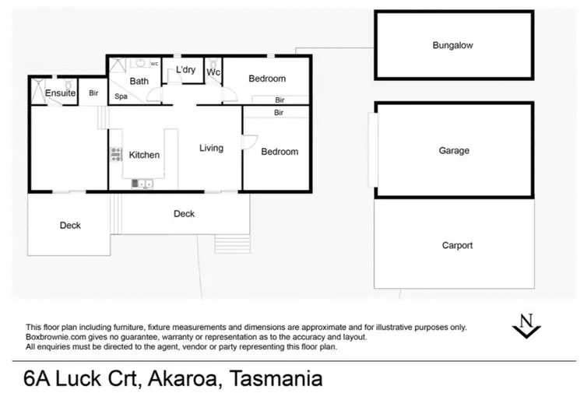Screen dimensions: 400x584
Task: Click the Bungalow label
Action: point(453,46)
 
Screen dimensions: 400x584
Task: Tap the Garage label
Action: point(453,150)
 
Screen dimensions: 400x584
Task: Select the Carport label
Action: point(456,245)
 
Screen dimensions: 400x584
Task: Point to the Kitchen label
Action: point(144,155)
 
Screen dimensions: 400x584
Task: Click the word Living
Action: point(211,148)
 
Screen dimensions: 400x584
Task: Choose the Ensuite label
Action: point(60,93)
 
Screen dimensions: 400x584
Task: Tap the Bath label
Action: point(139,81)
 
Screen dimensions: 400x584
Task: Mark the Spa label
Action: point(121,97)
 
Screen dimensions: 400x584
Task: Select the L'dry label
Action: point(185,70)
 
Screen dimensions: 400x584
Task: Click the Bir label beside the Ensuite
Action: point(93,93)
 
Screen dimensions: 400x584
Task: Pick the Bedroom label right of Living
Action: point(280,152)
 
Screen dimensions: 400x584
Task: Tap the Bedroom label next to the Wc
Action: point(266,79)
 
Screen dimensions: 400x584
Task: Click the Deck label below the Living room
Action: point(184,213)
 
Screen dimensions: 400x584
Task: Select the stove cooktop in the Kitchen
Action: point(117,154)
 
